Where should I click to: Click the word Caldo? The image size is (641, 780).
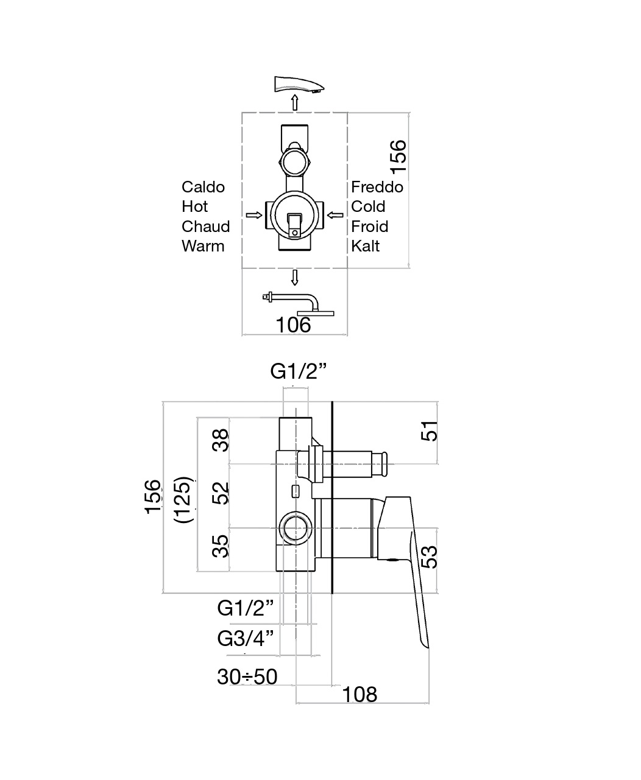click(203, 187)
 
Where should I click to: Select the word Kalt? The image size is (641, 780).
click(365, 247)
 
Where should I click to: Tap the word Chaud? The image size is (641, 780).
click(205, 227)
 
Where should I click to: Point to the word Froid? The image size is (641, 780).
click(370, 227)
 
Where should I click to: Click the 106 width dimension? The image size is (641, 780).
click(294, 325)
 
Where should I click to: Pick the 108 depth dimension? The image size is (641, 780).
click(359, 695)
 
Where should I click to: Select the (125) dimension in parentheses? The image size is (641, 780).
click(184, 500)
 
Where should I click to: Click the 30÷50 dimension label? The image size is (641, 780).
click(247, 677)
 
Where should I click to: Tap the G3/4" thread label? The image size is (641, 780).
click(246, 638)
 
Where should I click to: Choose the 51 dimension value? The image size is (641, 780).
click(430, 431)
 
